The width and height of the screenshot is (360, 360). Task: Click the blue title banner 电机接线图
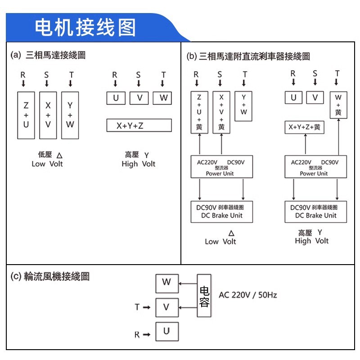click(85, 27)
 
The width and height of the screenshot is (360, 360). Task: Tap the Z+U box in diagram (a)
click(26, 115)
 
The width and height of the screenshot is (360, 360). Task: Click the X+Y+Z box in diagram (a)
click(139, 126)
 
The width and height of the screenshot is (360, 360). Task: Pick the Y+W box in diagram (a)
click(70, 115)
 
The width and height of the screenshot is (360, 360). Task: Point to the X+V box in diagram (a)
click(48, 115)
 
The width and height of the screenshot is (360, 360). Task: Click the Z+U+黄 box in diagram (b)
click(199, 112)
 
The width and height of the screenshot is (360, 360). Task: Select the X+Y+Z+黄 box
click(305, 127)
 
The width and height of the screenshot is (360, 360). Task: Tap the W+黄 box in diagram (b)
click(338, 105)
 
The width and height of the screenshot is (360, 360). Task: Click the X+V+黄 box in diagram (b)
click(221, 112)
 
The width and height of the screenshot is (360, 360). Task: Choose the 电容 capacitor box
click(204, 296)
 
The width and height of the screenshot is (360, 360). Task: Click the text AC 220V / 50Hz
click(247, 295)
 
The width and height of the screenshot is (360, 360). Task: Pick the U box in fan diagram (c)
click(166, 332)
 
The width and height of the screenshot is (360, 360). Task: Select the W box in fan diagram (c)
click(166, 283)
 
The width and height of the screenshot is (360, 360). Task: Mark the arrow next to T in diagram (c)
click(146, 307)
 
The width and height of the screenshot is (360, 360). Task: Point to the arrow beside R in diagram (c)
click(146, 335)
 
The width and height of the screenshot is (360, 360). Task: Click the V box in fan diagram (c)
click(166, 307)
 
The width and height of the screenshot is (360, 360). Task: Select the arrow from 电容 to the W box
click(187, 283)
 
